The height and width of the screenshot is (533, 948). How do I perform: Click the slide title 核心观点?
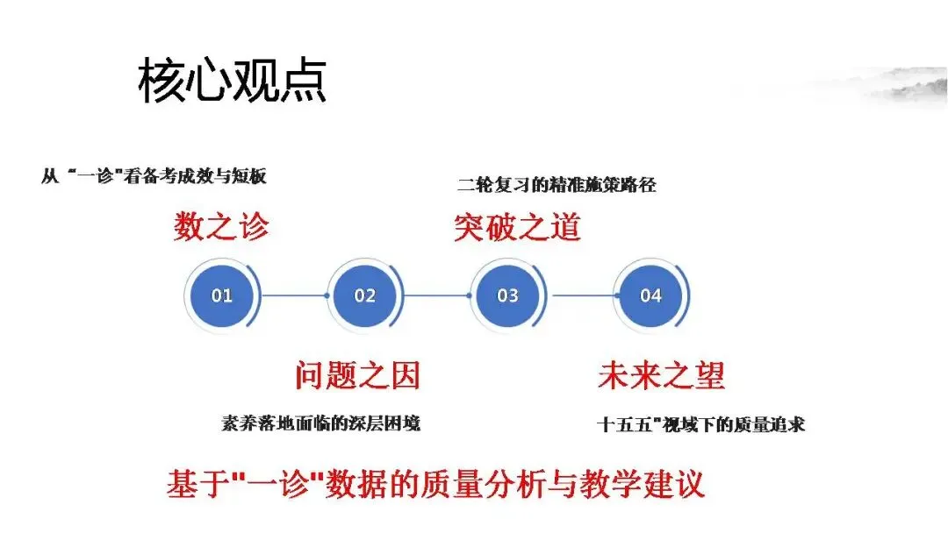pyautogui.click(x=233, y=82)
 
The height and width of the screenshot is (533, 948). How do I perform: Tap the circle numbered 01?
pyautogui.click(x=221, y=295)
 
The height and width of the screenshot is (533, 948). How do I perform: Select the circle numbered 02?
pyautogui.click(x=364, y=295)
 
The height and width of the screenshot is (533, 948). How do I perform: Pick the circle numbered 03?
pyautogui.click(x=507, y=295)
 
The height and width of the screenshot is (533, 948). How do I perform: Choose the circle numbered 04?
pyautogui.click(x=650, y=295)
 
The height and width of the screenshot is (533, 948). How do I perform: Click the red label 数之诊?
pyautogui.click(x=220, y=227)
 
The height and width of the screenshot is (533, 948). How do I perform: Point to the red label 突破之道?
pyautogui.click(x=517, y=227)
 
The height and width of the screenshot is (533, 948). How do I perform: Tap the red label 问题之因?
pyautogui.click(x=357, y=376)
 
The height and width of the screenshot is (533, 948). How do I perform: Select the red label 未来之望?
pyautogui.click(x=661, y=376)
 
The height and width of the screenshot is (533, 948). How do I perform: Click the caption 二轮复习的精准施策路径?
pyautogui.click(x=557, y=185)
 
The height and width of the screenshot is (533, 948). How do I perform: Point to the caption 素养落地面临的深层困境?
pyautogui.click(x=320, y=423)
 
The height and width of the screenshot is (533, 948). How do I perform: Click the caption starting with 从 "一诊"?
pyautogui.click(x=154, y=176)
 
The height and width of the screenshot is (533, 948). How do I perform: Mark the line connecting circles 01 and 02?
pyautogui.click(x=293, y=295)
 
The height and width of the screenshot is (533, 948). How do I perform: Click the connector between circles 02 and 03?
pyautogui.click(x=436, y=295)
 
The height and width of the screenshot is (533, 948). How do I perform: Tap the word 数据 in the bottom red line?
pyautogui.click(x=370, y=485)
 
